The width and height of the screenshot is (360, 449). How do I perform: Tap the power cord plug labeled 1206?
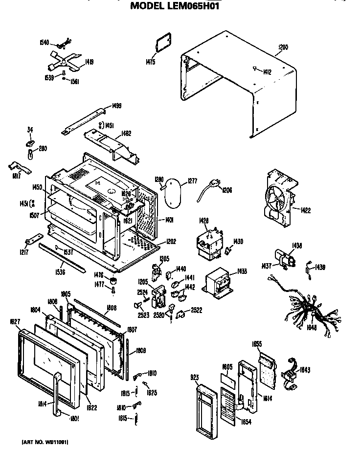(208, 187)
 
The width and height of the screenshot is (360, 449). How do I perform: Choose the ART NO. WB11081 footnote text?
(45, 442)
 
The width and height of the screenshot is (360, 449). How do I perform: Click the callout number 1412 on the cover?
(268, 72)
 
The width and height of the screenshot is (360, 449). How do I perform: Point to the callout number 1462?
(126, 133)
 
